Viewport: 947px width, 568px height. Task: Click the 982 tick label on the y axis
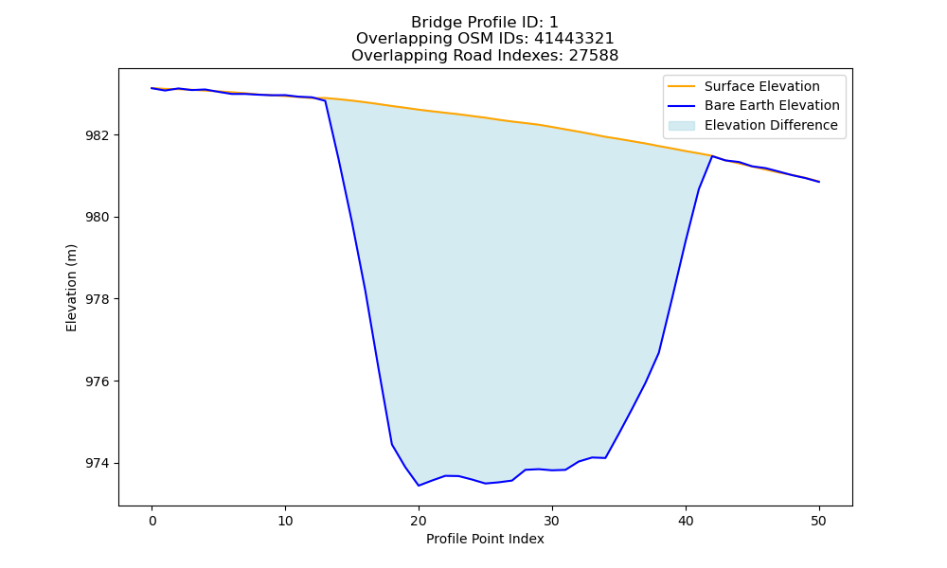[x=98, y=135]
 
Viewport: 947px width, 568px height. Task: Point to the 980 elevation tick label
[x=98, y=218]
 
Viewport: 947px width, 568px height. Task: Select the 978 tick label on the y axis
[x=98, y=299]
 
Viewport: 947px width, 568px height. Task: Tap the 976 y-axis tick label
[x=98, y=382]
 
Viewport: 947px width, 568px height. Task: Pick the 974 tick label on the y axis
[x=98, y=464]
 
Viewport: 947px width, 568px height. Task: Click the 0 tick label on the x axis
[x=152, y=521]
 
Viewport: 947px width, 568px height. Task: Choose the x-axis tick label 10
[x=285, y=521]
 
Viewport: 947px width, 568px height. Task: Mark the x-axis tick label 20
[x=419, y=521]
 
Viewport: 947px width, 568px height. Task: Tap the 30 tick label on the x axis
[x=552, y=521]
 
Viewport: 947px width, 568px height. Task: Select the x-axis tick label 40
[x=686, y=521]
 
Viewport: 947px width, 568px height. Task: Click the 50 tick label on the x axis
[x=819, y=521]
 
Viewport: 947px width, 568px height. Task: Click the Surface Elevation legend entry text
[x=762, y=86]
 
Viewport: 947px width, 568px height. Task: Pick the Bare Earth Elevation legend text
[x=772, y=106]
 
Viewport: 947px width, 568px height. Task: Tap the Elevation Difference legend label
[x=771, y=125]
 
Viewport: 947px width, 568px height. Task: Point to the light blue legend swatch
[x=681, y=126]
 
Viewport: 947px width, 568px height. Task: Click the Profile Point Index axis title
[x=485, y=539]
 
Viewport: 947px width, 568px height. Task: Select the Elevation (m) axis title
[x=71, y=288]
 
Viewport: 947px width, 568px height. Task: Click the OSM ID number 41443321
[x=574, y=39]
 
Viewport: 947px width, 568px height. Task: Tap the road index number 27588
[x=594, y=56]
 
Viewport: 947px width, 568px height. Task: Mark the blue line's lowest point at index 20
[x=419, y=486]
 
